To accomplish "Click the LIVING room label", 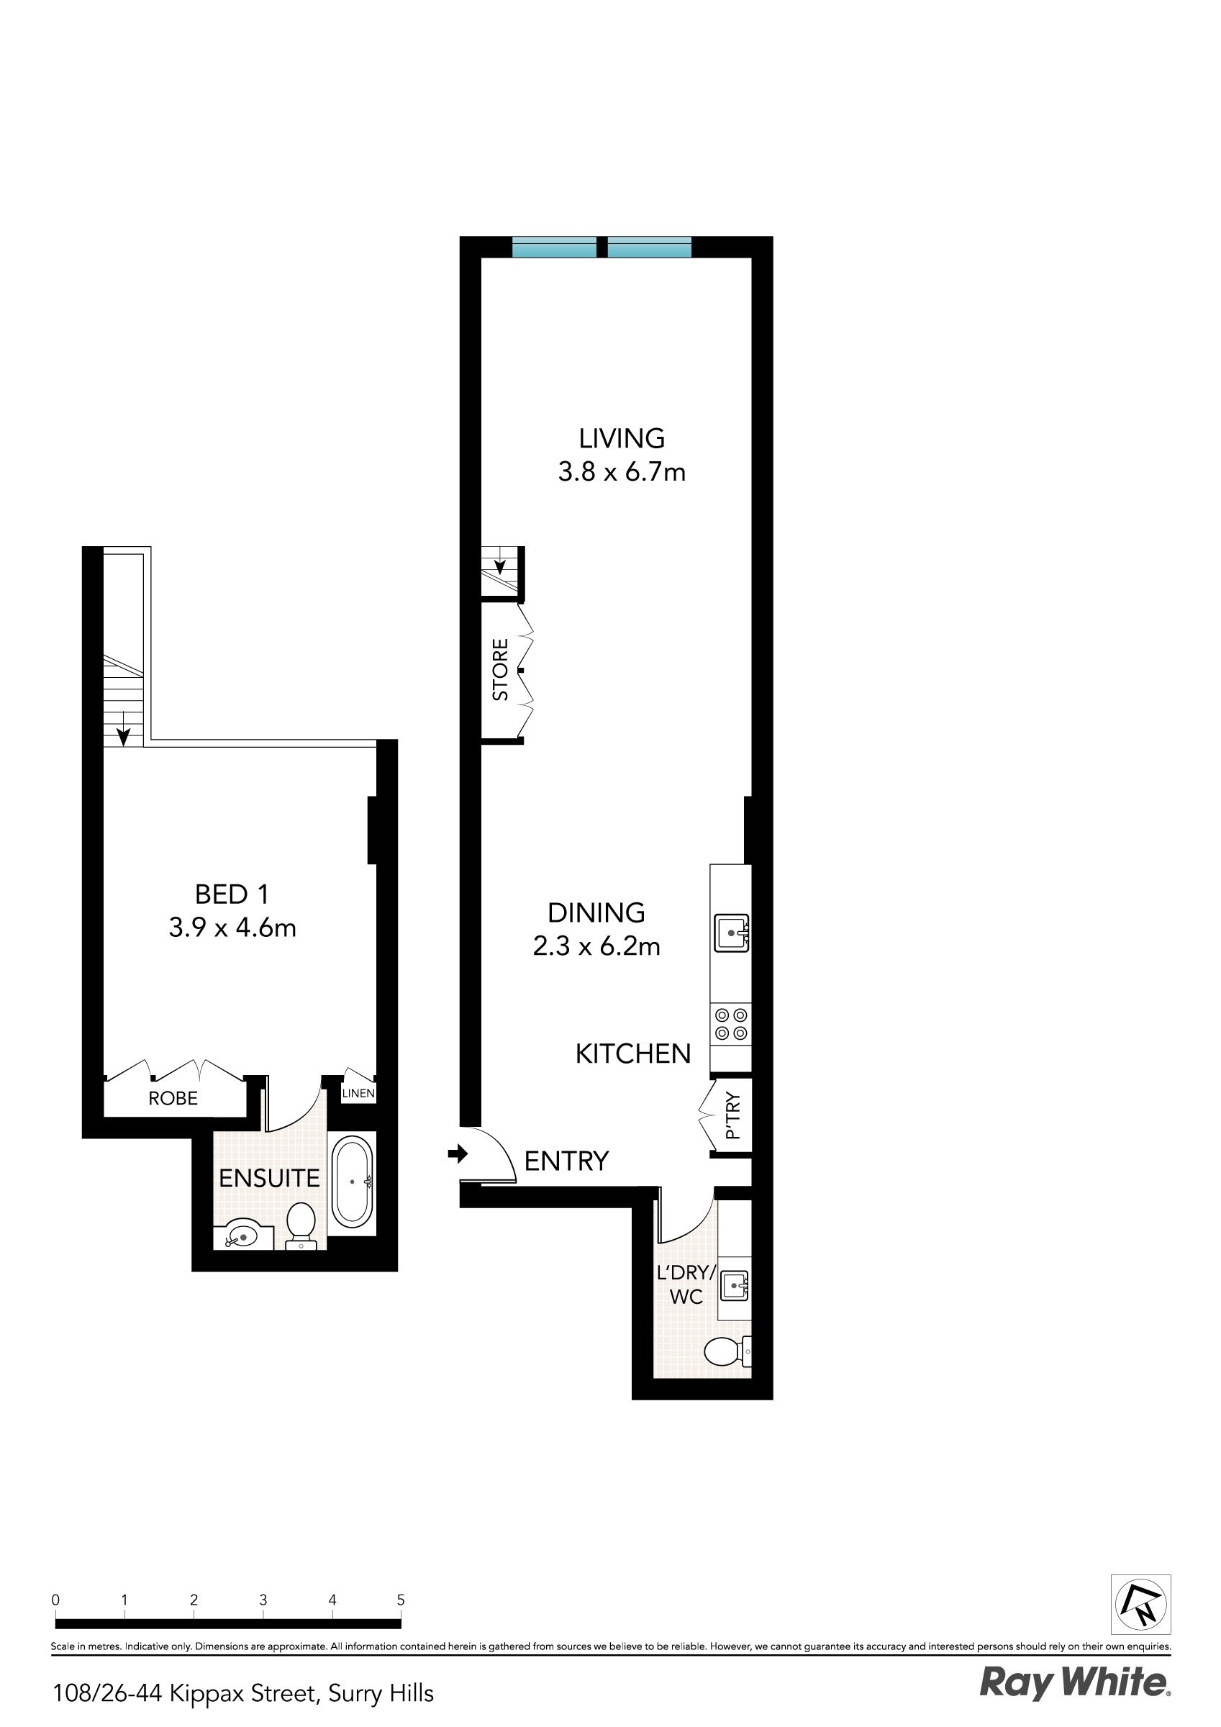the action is (x=622, y=438).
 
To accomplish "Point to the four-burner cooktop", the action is (x=731, y=1024).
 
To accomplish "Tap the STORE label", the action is (x=500, y=669).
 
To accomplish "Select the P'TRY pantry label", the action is (x=733, y=1116).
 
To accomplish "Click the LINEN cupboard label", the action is (x=358, y=1093).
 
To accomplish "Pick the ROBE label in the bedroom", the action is (x=173, y=1098).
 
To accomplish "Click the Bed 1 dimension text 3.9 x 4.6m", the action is (x=232, y=928).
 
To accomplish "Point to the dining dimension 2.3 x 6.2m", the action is (x=596, y=946).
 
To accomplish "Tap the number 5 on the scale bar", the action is (x=401, y=1600).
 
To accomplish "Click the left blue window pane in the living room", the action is (x=555, y=247).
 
